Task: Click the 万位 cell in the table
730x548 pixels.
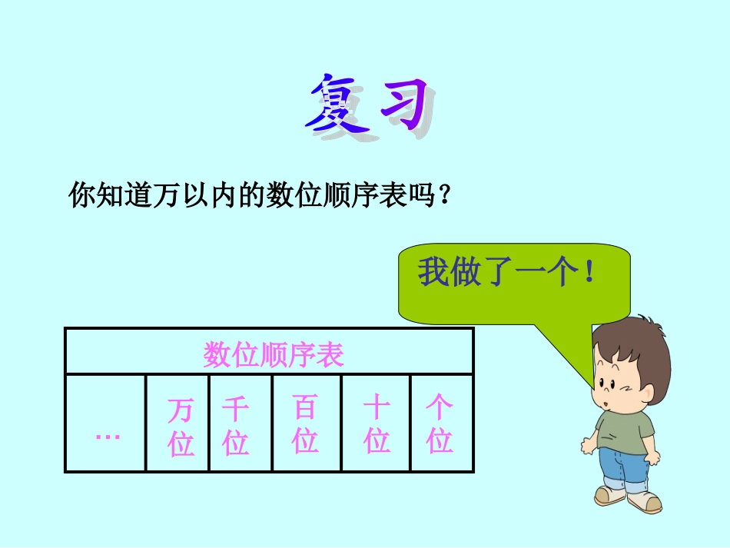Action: point(181,426)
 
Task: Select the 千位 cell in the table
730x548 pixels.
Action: point(235,426)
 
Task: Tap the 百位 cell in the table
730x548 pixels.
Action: point(305,424)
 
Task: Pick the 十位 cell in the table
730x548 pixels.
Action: point(377,424)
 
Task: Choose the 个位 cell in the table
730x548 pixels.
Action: point(440,424)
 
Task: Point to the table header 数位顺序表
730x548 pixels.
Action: point(273,354)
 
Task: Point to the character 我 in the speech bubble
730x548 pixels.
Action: point(433,273)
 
